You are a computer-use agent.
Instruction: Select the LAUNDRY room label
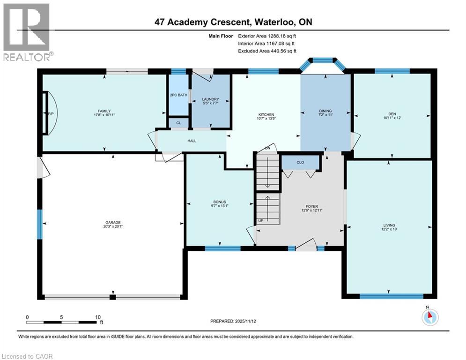[210, 99]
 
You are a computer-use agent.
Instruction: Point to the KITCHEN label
[266, 114]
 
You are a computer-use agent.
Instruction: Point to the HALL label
[192, 140]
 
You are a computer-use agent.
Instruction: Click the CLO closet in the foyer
[300, 163]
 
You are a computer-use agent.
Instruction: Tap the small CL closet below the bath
[178, 123]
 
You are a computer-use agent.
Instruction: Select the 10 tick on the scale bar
[98, 317]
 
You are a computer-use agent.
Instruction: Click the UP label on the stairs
[260, 220]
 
